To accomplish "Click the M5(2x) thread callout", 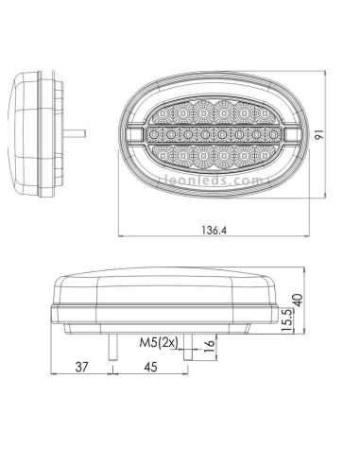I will (156, 342).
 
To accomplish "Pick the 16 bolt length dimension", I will (210, 348).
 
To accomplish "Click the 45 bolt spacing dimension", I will (148, 370).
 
